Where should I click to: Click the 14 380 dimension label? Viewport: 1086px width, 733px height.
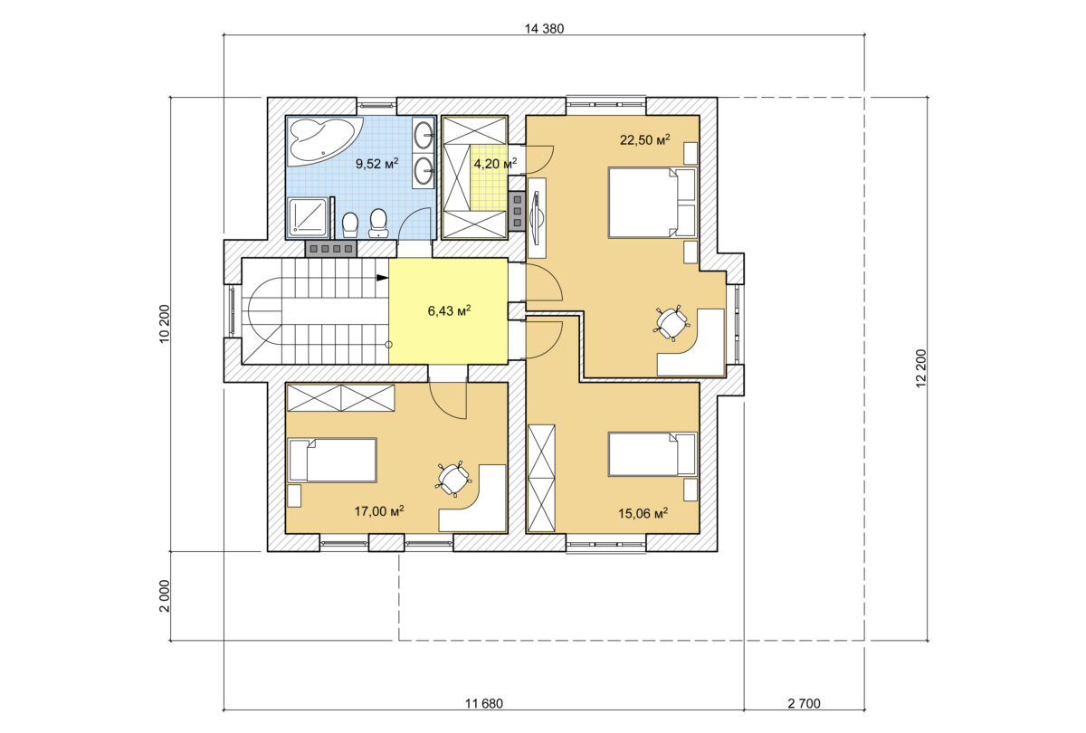[x=544, y=29]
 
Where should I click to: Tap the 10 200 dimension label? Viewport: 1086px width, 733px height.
[x=165, y=324]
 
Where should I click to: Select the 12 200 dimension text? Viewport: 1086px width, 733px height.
[x=921, y=368]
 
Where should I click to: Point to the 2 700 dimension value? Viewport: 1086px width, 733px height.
[x=804, y=703]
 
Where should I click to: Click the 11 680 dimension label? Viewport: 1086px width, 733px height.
[x=484, y=703]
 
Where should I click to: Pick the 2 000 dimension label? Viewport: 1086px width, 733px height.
[x=165, y=596]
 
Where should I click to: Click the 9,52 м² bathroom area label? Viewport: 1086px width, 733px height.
[x=377, y=163]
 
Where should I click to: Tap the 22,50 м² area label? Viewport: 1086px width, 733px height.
[x=644, y=139]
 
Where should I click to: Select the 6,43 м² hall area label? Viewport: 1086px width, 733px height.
[x=450, y=310]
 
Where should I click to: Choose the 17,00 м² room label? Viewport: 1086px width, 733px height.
[x=379, y=510]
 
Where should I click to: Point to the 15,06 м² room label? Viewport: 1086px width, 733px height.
[x=643, y=513]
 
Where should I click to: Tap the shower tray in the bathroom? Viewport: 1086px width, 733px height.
[x=308, y=218]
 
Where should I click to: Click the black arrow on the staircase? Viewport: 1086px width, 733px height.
[x=383, y=278]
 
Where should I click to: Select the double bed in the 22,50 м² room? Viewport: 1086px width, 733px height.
[x=653, y=203]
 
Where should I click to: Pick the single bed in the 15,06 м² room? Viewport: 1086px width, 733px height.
[x=653, y=454]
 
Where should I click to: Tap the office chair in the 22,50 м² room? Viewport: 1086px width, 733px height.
[x=671, y=322]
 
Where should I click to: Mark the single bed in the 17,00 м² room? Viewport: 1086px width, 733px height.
[x=333, y=460]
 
